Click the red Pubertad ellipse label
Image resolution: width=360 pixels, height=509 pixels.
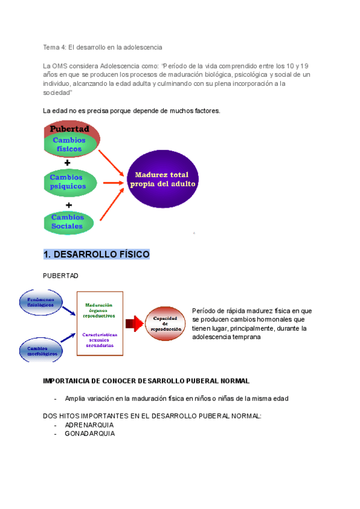tap(70, 128)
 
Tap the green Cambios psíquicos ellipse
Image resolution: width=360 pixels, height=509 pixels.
tap(69, 182)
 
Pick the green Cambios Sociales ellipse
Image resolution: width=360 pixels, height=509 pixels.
tap(68, 221)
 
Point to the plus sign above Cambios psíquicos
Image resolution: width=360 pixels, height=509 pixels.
tap(67, 163)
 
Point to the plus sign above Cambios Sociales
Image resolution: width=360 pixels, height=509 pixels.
tap(68, 203)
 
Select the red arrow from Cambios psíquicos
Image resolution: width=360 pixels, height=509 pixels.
tap(113, 182)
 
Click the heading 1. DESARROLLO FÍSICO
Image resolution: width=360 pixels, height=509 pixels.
tap(96, 254)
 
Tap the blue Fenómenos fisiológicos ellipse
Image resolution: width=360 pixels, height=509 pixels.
tap(41, 302)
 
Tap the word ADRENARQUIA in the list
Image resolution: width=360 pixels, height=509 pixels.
tap(89, 425)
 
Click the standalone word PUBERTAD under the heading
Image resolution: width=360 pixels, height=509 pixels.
tap(61, 276)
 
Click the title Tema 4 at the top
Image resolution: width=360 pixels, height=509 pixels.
tap(55, 47)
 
